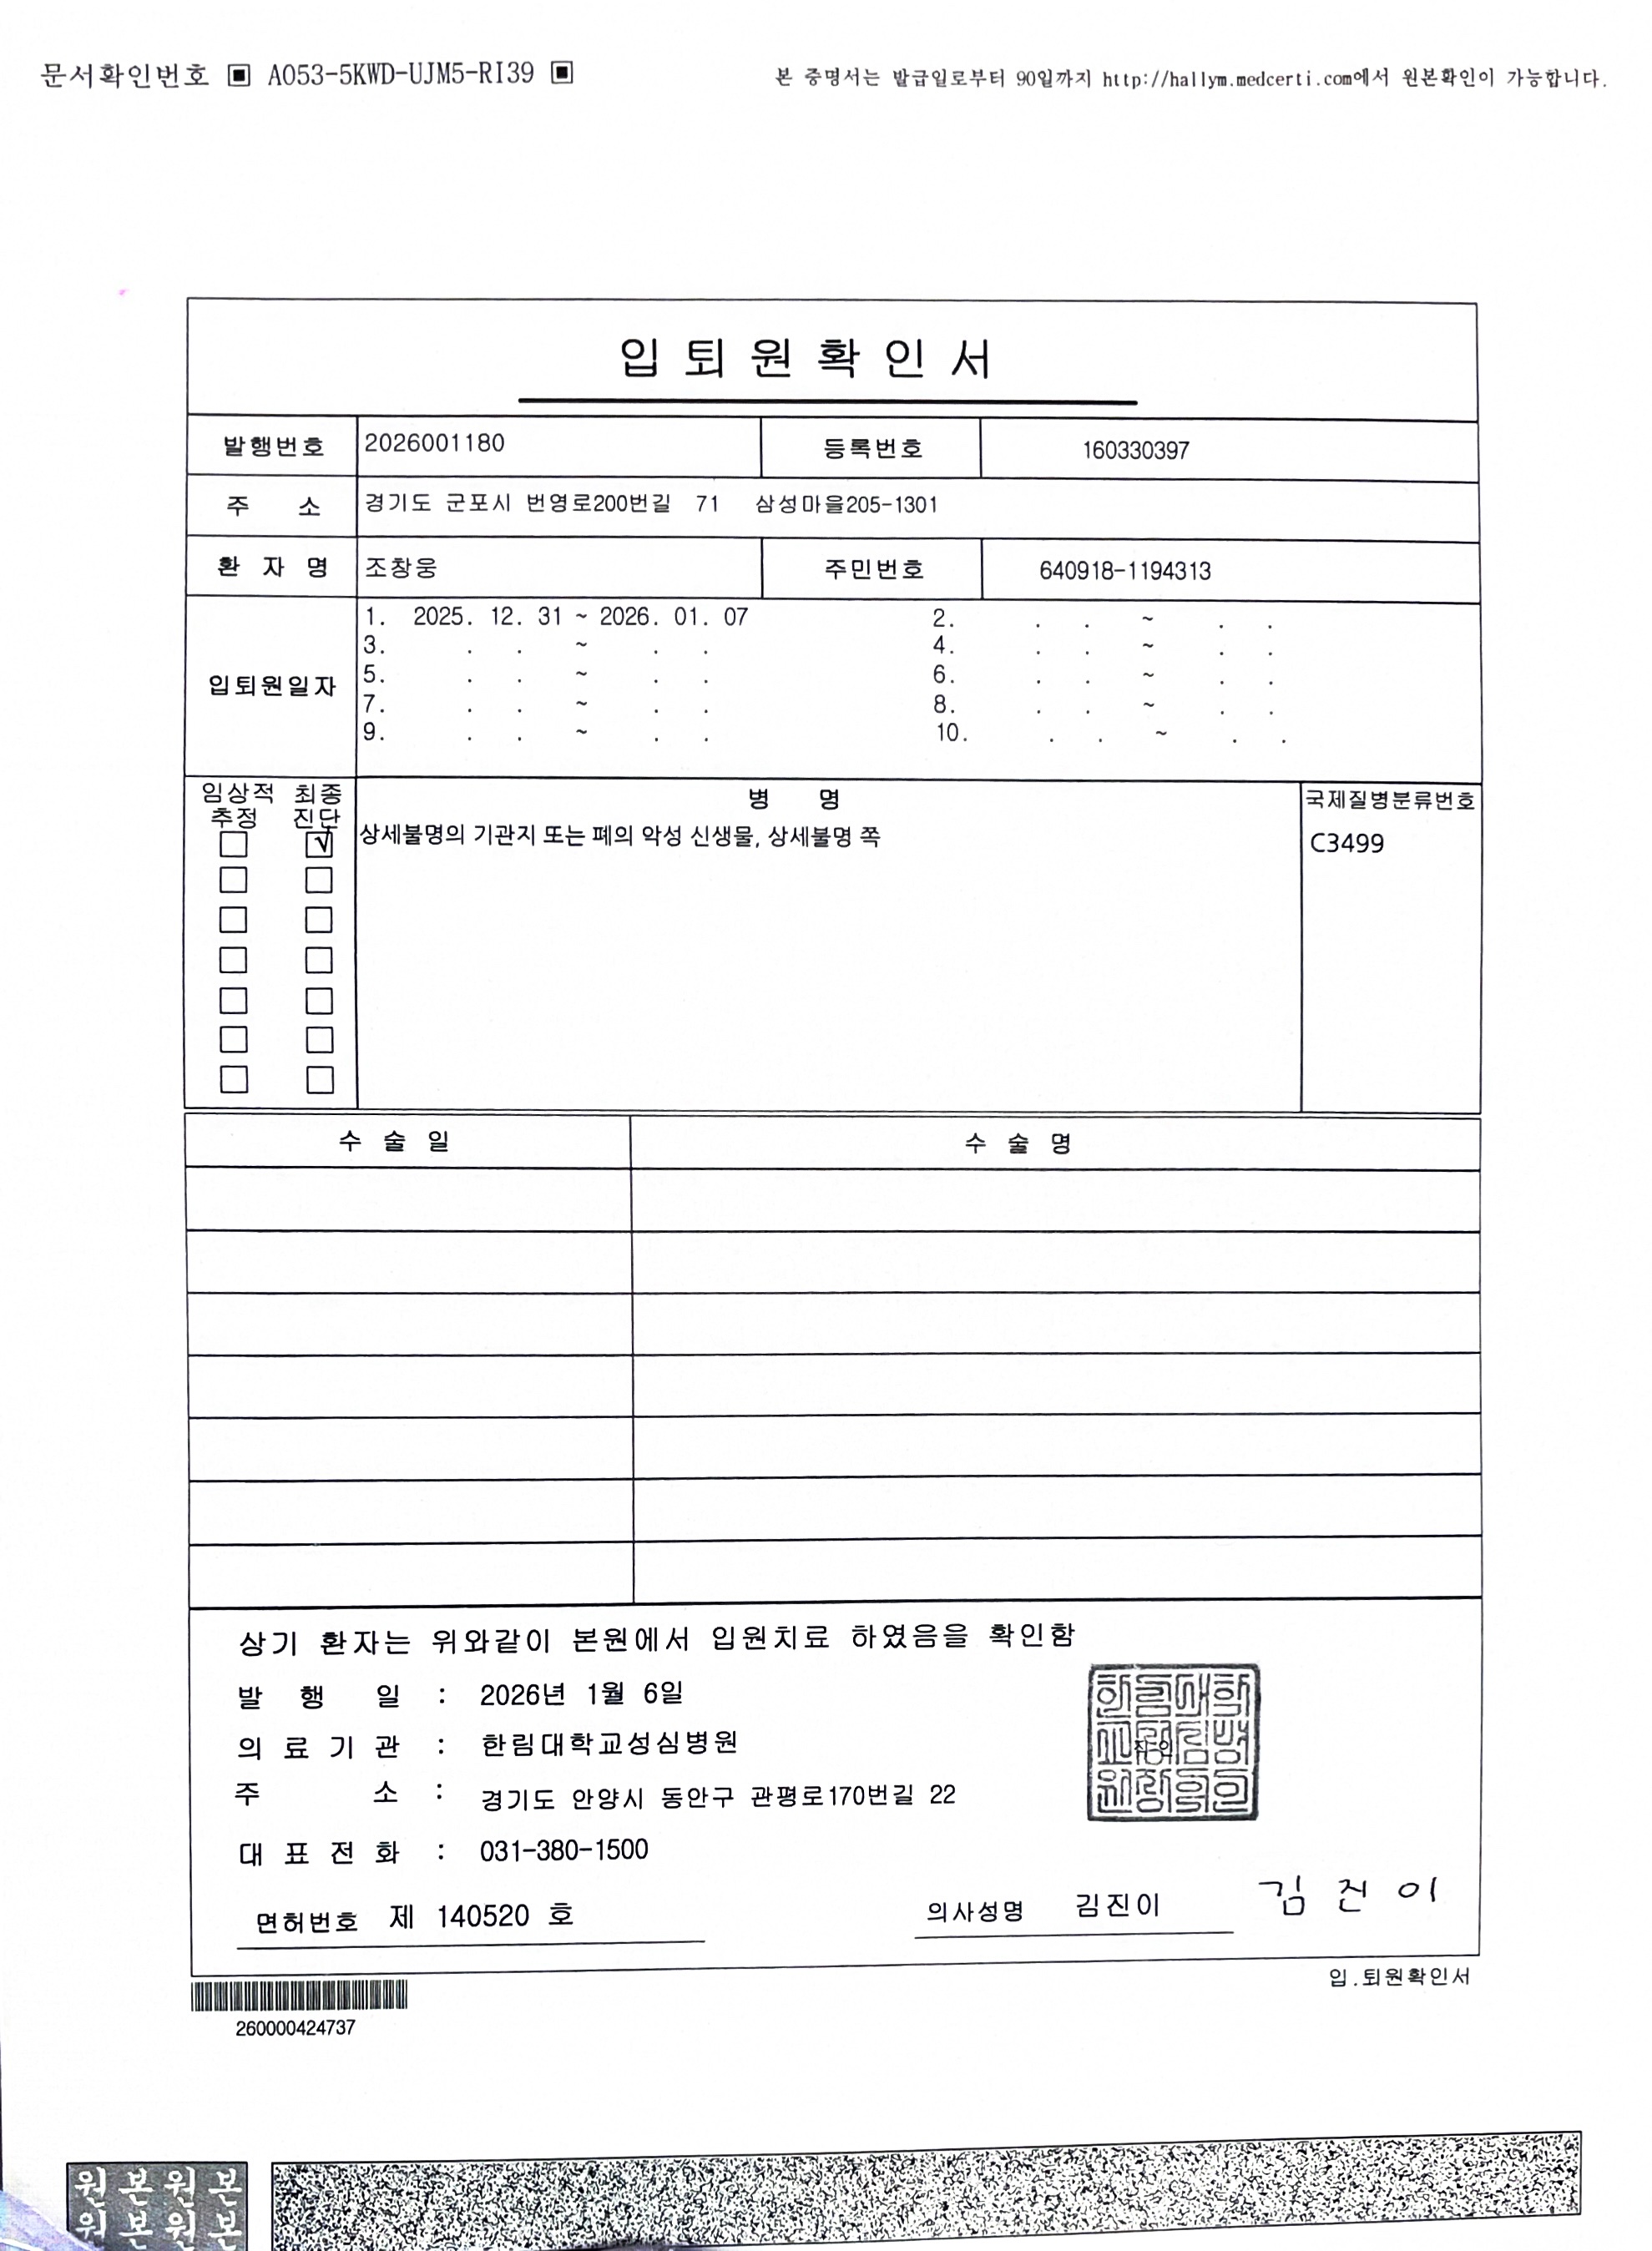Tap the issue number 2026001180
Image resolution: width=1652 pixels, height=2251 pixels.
point(434,444)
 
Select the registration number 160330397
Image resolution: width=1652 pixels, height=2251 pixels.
point(1135,451)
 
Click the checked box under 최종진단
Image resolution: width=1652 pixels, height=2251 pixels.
point(319,845)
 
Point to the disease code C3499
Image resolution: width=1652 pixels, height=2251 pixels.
point(1347,844)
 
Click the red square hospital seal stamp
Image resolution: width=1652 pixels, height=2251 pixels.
point(1172,1742)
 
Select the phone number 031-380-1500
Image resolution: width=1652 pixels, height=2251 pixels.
point(564,1850)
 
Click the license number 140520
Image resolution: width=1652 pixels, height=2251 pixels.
point(483,1916)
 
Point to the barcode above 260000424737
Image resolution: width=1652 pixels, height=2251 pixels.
point(299,1996)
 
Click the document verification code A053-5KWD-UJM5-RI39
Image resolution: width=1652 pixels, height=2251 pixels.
point(400,74)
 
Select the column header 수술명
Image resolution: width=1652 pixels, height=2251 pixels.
point(1018,1143)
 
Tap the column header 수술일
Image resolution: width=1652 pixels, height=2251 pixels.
point(394,1142)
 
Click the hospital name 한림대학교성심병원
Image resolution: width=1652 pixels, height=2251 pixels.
point(609,1744)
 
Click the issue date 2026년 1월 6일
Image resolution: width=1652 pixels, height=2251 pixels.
point(581,1694)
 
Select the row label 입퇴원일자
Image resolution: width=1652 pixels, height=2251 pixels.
point(271,687)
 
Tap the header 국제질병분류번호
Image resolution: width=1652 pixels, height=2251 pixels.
point(1389,800)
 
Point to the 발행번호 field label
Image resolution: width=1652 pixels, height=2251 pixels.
point(273,447)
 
